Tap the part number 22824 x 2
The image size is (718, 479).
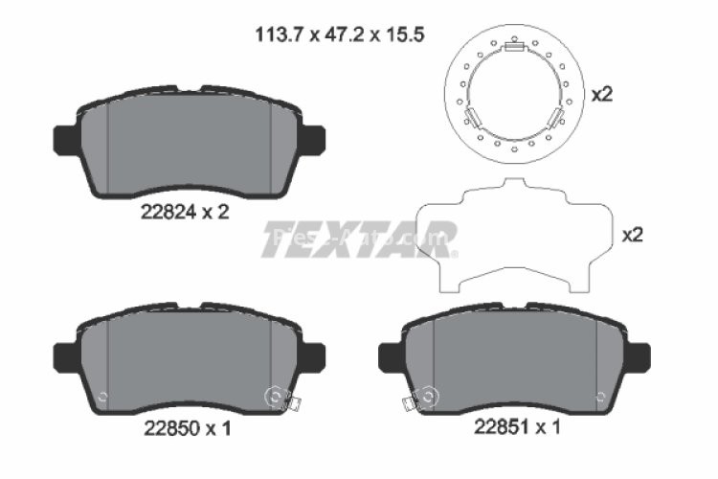(181, 213)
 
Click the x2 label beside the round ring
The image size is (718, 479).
(601, 95)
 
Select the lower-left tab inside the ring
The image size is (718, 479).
(473, 119)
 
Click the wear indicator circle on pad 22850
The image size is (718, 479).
(275, 396)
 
